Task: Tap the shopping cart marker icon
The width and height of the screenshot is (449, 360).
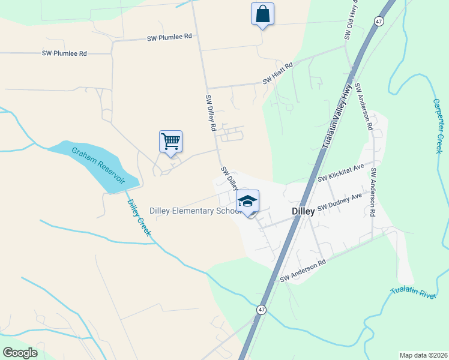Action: coord(170,142)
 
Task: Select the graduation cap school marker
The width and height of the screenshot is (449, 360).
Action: coord(247,202)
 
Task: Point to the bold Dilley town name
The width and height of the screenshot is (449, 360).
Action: coord(303,212)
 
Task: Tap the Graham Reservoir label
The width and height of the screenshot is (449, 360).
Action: coord(98,166)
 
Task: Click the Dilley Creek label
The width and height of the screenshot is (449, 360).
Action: coord(139,217)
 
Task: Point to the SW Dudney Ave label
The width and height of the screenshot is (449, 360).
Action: coord(340,202)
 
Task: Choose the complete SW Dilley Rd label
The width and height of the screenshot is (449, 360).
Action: coord(211,113)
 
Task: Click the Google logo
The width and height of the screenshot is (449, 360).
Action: coord(20,353)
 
